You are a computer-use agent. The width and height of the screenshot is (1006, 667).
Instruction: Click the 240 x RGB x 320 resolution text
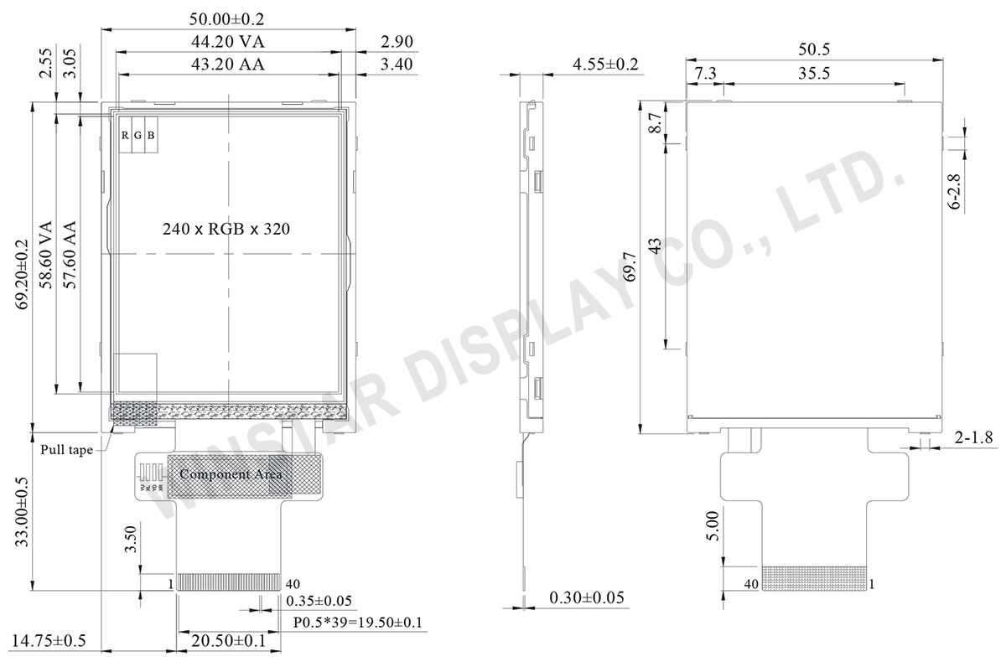point(226,229)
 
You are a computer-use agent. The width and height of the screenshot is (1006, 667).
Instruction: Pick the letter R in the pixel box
point(125,136)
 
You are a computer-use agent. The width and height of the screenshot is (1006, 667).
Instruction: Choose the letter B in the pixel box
point(151,136)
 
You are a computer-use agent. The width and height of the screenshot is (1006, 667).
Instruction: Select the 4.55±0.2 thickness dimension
point(605,65)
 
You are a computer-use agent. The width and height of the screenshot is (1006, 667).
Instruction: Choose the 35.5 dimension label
point(813,74)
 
